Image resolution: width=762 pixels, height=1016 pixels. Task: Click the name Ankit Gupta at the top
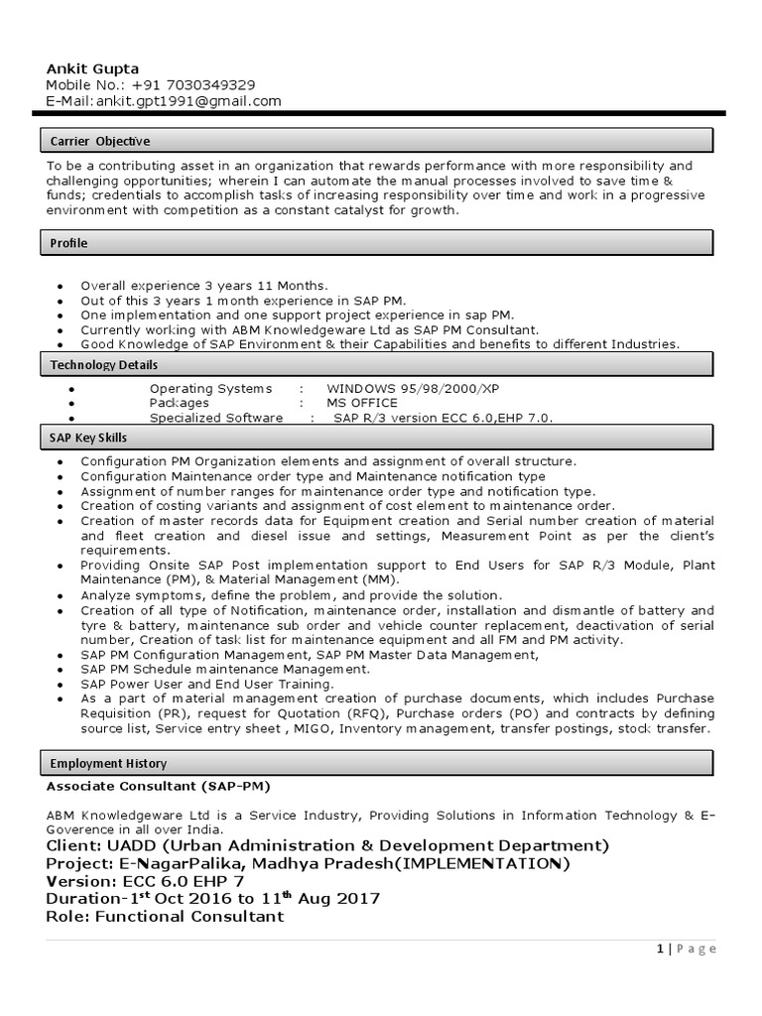(x=92, y=67)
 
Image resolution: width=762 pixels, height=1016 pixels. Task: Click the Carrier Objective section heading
(x=100, y=141)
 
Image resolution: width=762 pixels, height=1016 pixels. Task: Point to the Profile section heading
(x=69, y=243)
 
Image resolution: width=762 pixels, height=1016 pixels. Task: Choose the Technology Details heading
(x=104, y=365)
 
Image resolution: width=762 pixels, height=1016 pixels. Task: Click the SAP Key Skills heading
(x=88, y=438)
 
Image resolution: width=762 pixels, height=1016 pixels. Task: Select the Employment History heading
(x=108, y=763)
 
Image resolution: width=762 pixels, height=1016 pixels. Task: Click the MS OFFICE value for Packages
(x=362, y=403)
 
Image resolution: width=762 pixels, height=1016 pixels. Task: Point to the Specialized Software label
(x=216, y=418)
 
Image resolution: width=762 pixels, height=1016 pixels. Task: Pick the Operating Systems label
(x=210, y=389)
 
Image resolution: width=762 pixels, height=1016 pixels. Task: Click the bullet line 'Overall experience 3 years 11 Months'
(x=203, y=285)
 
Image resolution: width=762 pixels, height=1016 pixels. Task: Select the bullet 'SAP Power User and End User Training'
(x=207, y=685)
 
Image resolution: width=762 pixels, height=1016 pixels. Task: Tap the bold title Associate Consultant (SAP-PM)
(x=158, y=786)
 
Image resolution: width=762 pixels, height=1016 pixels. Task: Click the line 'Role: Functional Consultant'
(x=165, y=916)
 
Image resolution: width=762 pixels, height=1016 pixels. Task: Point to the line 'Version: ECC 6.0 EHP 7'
(x=145, y=881)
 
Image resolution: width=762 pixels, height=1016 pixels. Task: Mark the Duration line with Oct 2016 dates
(x=212, y=898)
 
